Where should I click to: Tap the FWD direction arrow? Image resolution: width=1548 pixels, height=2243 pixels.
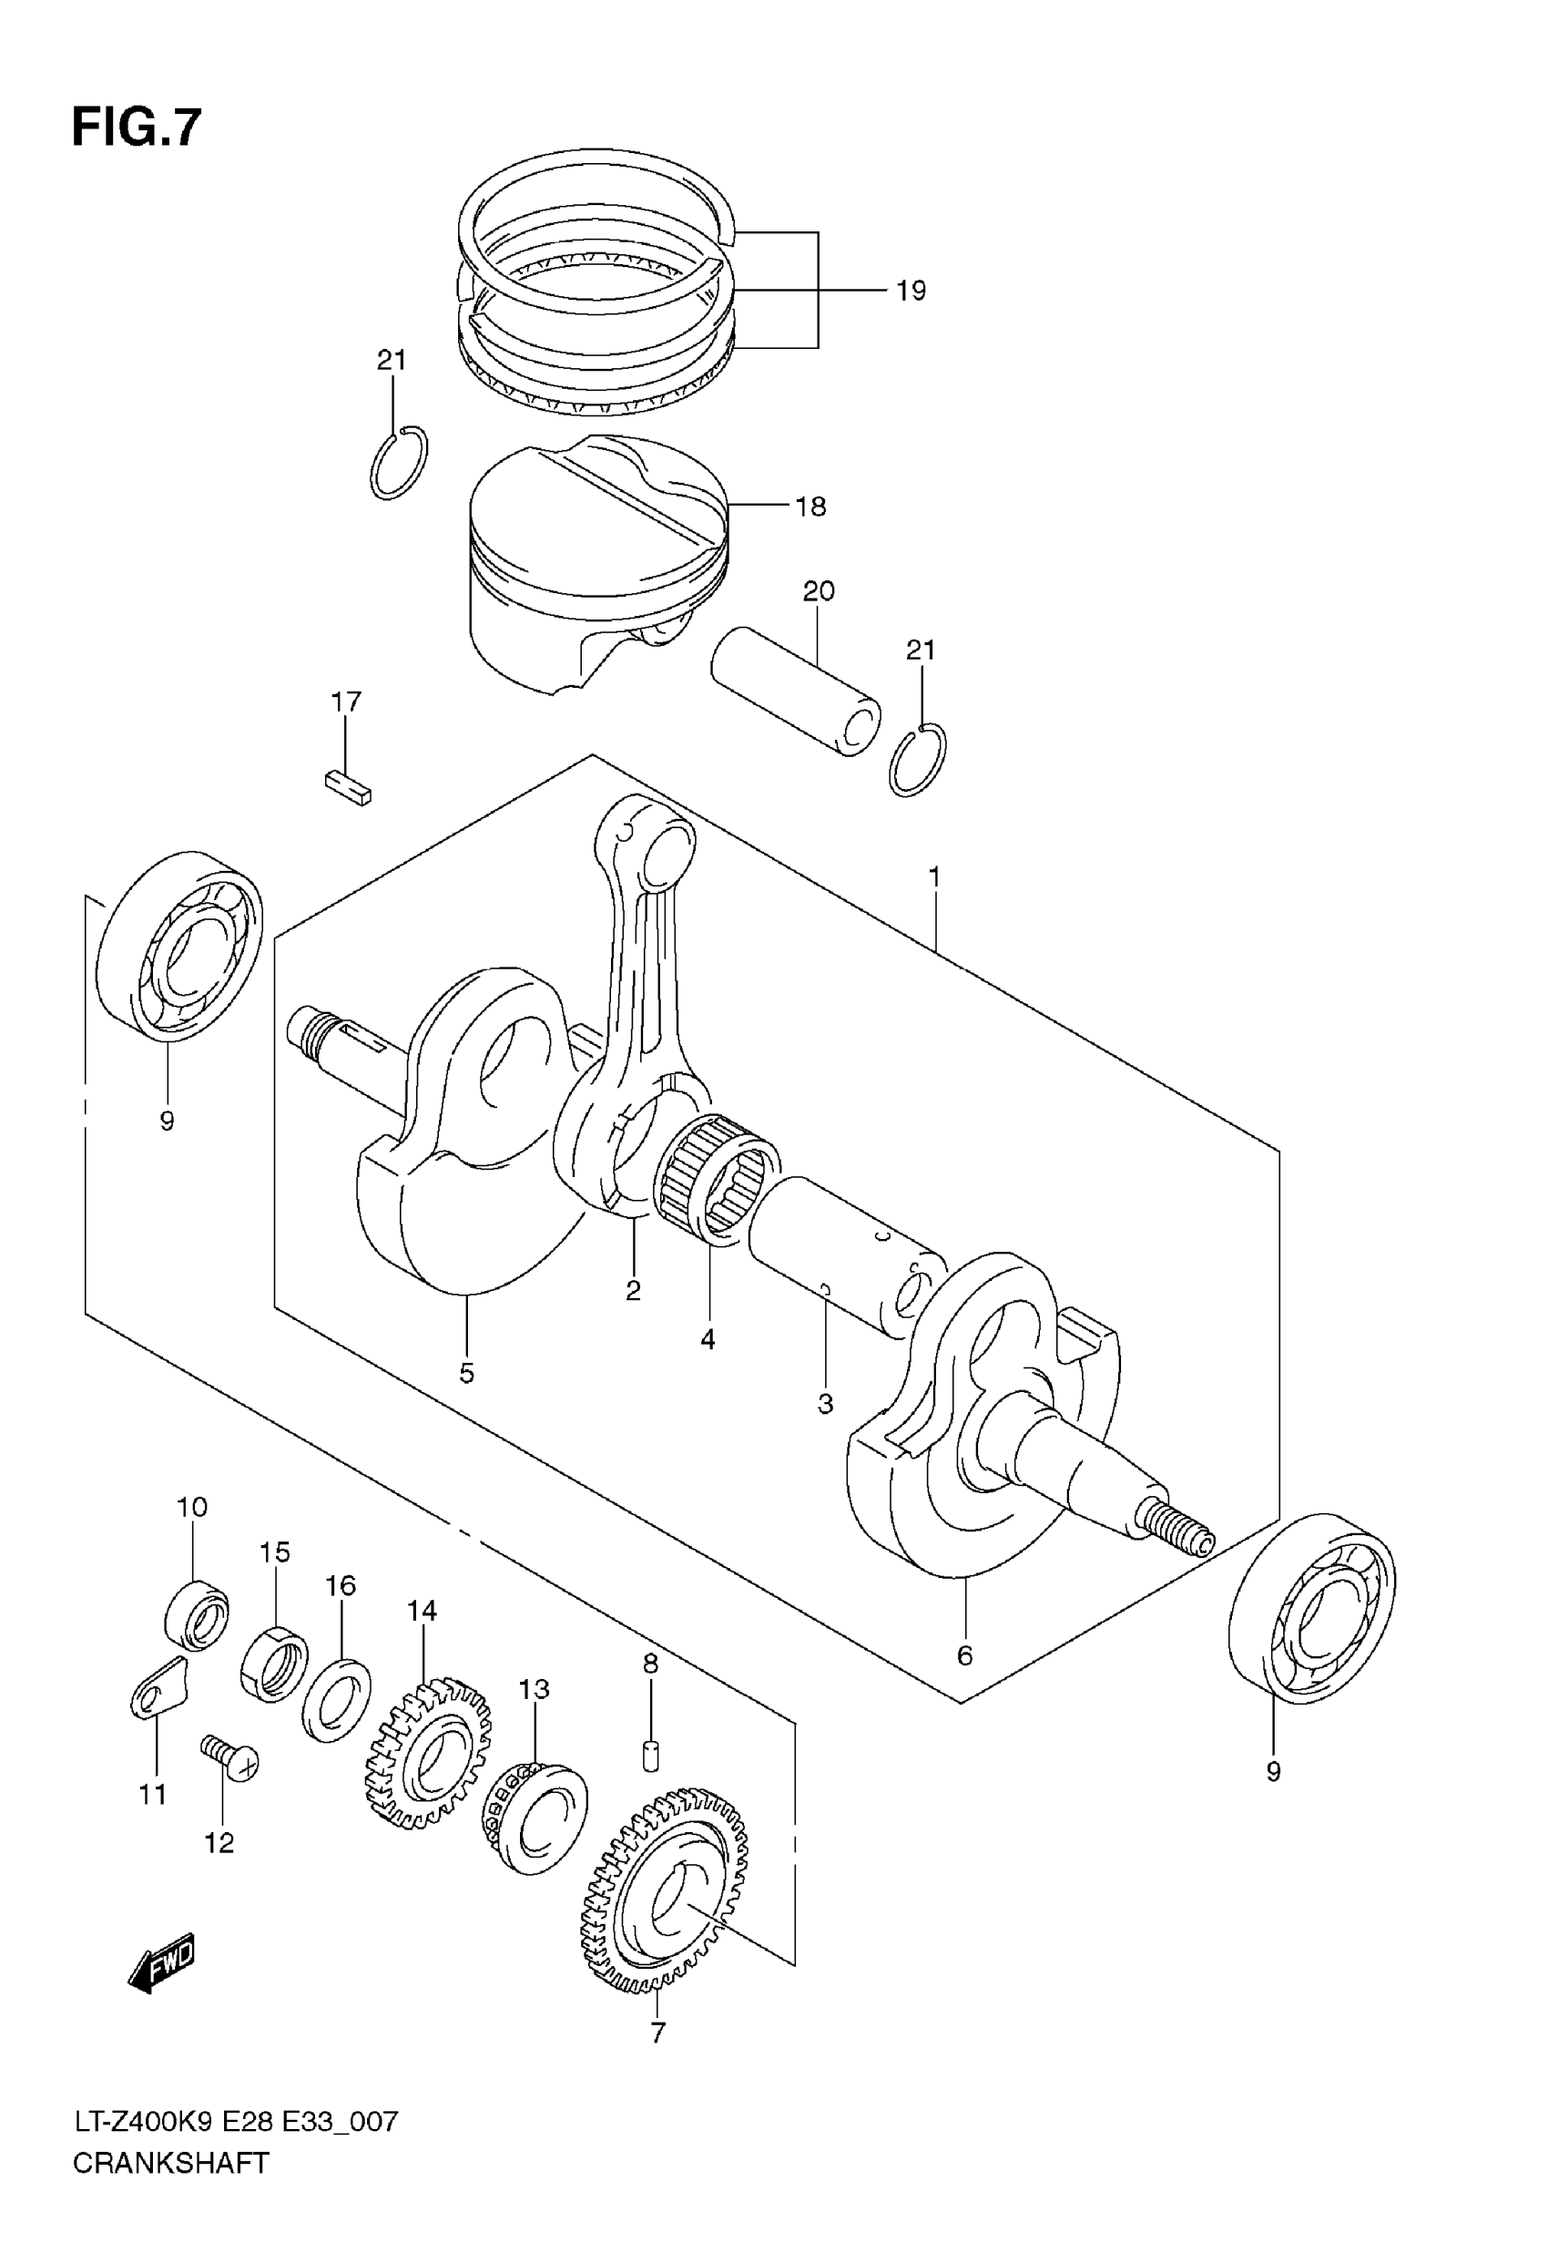coord(162,1963)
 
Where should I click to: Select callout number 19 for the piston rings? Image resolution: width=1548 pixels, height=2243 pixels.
coord(910,290)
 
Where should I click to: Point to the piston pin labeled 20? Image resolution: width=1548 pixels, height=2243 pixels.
coord(795,691)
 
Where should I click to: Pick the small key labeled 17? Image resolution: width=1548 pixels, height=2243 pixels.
coord(348,788)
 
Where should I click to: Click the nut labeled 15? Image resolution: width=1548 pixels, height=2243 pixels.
coord(273,1665)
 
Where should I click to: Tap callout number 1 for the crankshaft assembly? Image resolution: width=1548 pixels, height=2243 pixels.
coord(934,878)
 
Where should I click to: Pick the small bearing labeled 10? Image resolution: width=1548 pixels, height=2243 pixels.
coord(197,1614)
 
